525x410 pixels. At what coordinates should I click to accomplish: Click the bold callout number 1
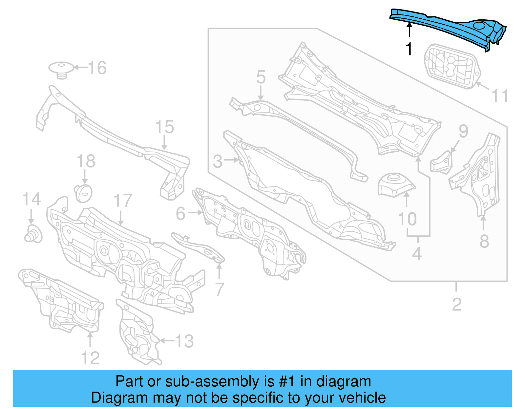(x=409, y=50)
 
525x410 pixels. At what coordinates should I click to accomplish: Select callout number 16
(x=97, y=68)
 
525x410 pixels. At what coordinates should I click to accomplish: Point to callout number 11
(x=500, y=96)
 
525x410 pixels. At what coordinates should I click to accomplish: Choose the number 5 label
(x=261, y=77)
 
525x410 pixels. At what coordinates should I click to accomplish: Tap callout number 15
(x=164, y=127)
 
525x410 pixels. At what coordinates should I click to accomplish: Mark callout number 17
(x=122, y=201)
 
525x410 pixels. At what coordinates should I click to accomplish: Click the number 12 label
(x=90, y=358)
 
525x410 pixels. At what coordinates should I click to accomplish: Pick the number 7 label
(x=219, y=289)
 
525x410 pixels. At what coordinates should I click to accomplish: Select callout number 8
(x=484, y=241)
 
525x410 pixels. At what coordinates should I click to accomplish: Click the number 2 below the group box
(x=456, y=304)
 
